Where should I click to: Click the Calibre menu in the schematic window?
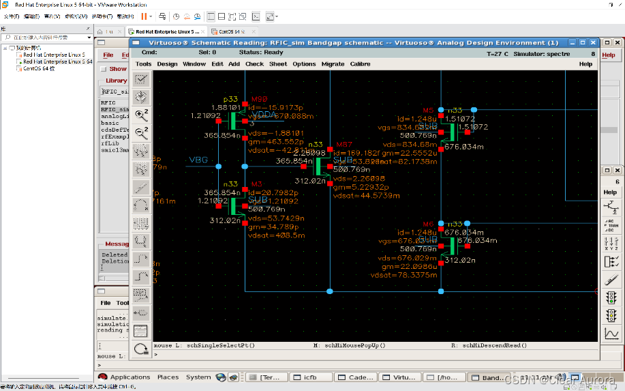point(360,64)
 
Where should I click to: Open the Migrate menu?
point(333,64)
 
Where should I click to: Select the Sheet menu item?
point(278,64)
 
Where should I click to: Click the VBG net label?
point(198,160)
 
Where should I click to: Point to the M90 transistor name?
point(259,100)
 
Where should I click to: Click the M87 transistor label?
point(344,145)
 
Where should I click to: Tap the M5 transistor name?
point(428,110)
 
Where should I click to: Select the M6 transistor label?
point(428,224)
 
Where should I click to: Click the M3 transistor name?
point(256,184)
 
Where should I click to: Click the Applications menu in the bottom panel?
point(129,377)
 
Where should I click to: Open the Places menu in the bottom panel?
point(168,377)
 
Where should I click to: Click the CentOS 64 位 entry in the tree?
point(39,68)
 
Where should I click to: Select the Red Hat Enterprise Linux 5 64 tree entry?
point(57,61)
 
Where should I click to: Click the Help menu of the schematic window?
point(585,64)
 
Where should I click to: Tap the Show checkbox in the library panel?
point(104,69)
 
